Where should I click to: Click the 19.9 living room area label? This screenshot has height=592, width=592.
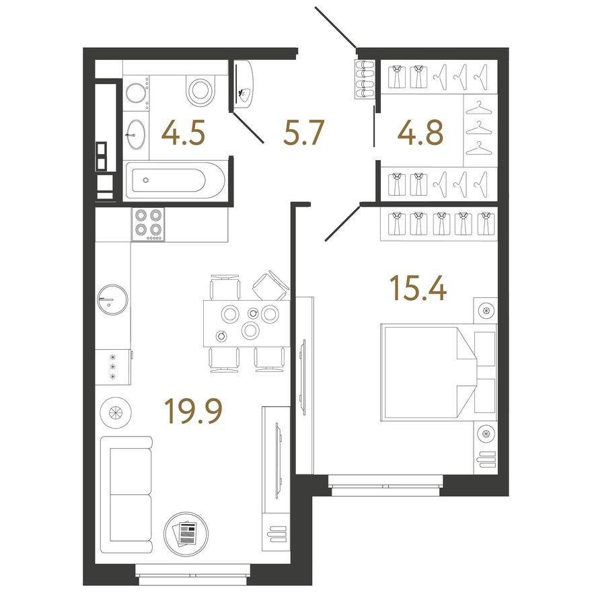(195, 411)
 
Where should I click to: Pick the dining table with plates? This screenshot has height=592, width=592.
(246, 322)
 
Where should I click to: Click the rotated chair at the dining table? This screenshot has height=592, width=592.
(271, 285)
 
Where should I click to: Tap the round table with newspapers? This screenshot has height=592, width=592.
(185, 532)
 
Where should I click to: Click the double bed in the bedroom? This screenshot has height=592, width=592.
(437, 372)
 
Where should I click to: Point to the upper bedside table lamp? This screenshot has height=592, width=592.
(484, 311)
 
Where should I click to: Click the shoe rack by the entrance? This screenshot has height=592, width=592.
(365, 79)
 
